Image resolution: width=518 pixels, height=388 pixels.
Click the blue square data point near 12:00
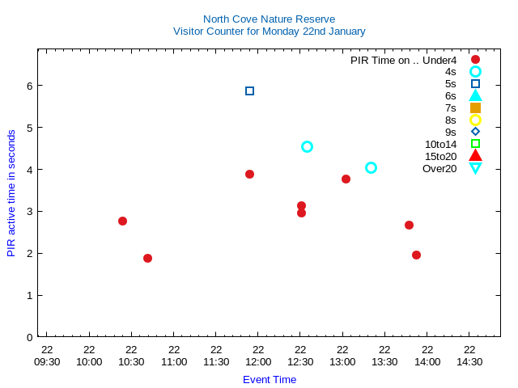[x=249, y=91]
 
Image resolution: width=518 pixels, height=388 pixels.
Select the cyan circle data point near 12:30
[x=307, y=146]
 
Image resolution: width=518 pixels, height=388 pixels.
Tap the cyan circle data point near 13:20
[x=371, y=167]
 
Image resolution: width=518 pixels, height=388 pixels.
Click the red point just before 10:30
[x=122, y=221]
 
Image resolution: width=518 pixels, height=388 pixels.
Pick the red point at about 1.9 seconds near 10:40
[x=147, y=258]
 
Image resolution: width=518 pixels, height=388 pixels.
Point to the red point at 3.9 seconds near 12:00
[x=249, y=174]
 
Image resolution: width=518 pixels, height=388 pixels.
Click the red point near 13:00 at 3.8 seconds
[x=346, y=179]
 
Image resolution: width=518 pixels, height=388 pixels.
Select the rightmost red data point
[x=416, y=255]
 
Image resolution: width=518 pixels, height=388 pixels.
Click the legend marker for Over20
[x=475, y=168]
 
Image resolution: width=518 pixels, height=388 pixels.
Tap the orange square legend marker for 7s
[x=475, y=108]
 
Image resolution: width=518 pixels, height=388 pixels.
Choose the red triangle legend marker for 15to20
[x=475, y=156]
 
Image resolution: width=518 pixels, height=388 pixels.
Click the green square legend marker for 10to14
[x=475, y=144]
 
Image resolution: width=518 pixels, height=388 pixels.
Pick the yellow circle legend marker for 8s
[x=475, y=120]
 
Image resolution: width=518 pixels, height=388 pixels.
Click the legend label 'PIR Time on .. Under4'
[x=403, y=60]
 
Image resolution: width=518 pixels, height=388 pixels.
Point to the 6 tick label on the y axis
[x=28, y=85]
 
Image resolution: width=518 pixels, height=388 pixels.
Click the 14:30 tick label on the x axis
[x=469, y=361]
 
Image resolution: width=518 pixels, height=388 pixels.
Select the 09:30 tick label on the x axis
[x=47, y=361]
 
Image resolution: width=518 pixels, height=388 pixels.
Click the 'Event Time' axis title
[x=270, y=379]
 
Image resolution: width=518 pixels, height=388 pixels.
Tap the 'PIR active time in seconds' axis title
[x=11, y=193]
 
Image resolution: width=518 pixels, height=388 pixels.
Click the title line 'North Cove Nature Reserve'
[x=269, y=19]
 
